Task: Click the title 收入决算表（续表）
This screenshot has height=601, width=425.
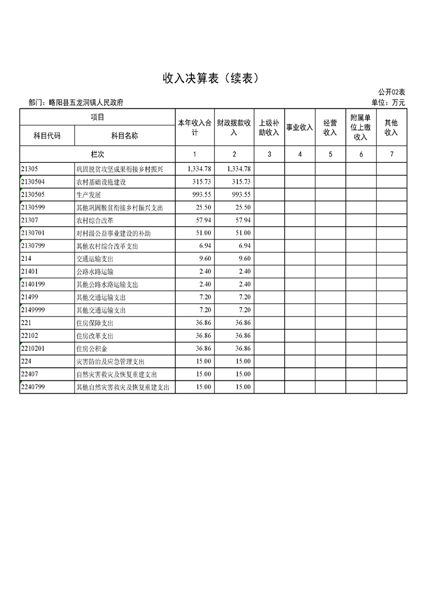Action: click(x=212, y=79)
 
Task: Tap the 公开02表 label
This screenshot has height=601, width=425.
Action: click(x=391, y=93)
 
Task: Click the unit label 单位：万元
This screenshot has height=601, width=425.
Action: click(x=388, y=102)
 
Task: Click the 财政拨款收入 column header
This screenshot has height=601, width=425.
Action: click(x=234, y=127)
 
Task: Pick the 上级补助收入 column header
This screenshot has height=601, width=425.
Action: click(x=269, y=127)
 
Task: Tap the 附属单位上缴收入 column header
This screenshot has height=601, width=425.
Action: click(x=361, y=127)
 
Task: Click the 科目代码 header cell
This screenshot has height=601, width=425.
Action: click(x=47, y=136)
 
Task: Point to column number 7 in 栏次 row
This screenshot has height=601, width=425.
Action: click(x=392, y=154)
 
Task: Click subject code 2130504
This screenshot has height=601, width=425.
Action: click(x=34, y=182)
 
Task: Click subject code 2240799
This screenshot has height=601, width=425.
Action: click(x=34, y=387)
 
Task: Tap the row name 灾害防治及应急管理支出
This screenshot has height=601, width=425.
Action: click(x=110, y=362)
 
